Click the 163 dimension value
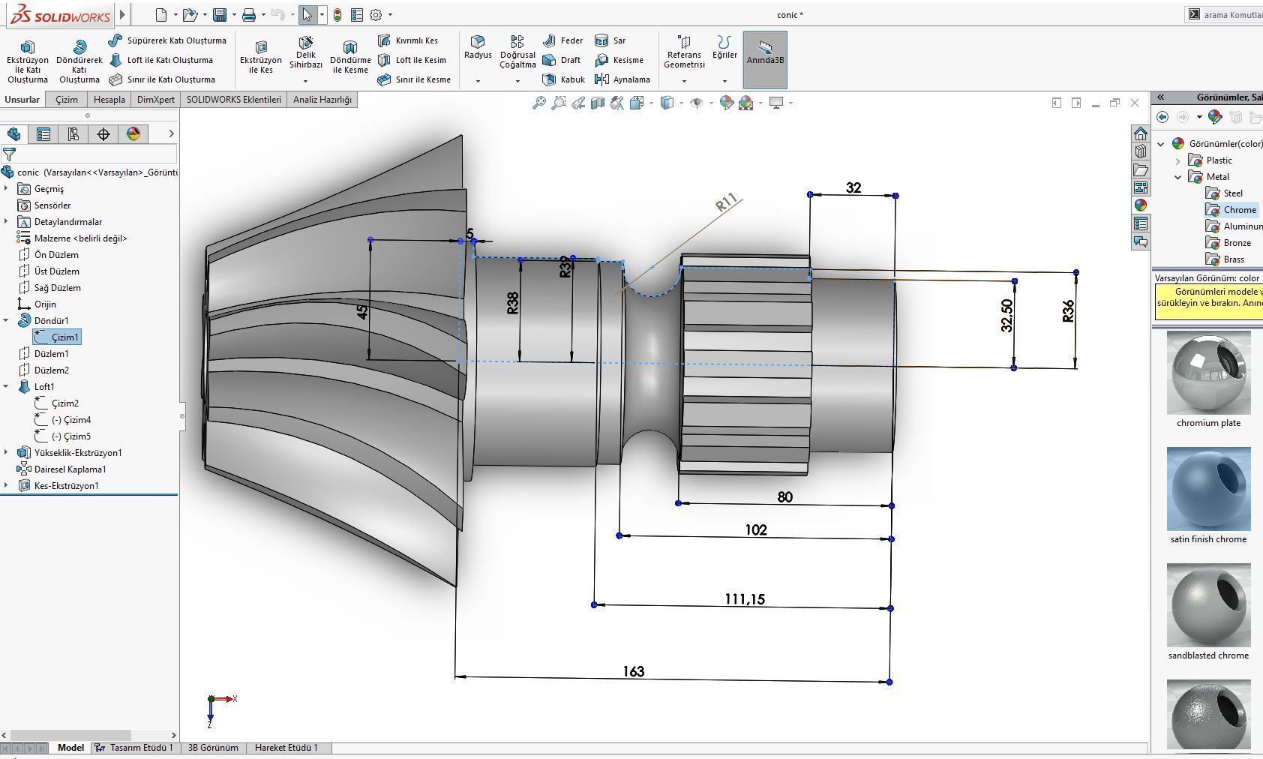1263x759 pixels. (633, 671)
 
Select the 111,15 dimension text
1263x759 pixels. (744, 599)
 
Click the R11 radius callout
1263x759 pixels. (726, 202)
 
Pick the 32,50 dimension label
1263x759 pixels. (1006, 316)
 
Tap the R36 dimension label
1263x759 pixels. (1068, 311)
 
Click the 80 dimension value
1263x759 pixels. (784, 497)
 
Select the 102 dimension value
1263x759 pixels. (755, 530)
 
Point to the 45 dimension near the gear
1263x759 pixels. (362, 311)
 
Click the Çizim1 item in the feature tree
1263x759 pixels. (64, 337)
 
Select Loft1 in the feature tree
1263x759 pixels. (44, 387)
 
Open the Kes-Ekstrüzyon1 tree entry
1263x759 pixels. (66, 486)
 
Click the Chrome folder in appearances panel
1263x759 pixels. (1239, 210)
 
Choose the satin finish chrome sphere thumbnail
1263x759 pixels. (1208, 489)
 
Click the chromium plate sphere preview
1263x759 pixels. (1208, 373)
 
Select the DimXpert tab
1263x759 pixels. (155, 100)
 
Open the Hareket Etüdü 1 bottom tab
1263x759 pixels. (286, 748)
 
